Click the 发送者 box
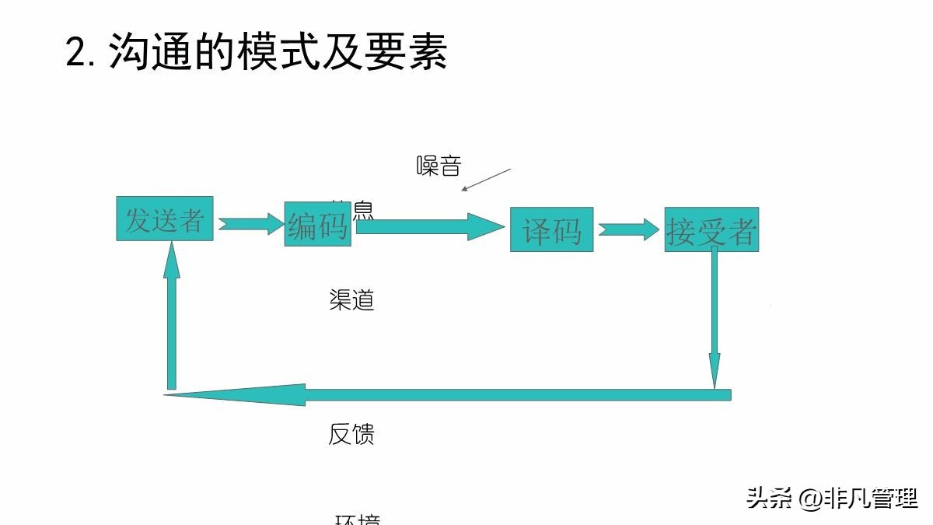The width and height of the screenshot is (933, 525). (x=164, y=219)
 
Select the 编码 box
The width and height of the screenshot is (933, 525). (x=317, y=224)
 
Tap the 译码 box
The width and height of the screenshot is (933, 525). (x=551, y=229)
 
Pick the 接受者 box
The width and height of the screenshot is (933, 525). (x=711, y=229)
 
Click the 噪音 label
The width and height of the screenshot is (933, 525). (x=439, y=166)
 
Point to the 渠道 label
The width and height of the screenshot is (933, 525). (x=351, y=300)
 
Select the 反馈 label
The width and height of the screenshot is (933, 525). (x=351, y=434)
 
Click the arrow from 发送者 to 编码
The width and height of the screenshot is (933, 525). (x=251, y=224)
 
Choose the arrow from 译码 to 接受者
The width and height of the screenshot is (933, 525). (x=629, y=229)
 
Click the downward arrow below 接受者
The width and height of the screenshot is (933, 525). (x=714, y=319)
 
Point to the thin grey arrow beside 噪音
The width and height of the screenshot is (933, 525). (x=486, y=180)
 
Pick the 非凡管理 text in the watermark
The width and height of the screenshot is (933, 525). (x=872, y=498)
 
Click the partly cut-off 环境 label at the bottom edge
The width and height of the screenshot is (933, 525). (x=358, y=520)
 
